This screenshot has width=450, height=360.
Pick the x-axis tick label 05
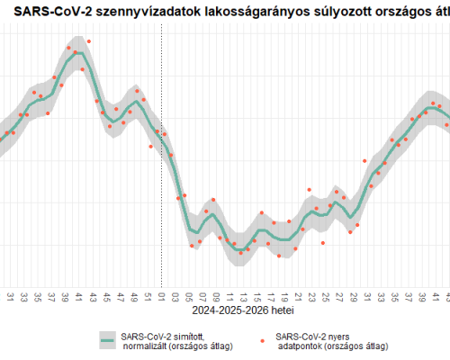pyautogui.click(x=189, y=295)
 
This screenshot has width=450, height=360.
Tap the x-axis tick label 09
pyautogui.click(x=217, y=295)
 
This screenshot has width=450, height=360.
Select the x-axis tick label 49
pyautogui.click(x=134, y=295)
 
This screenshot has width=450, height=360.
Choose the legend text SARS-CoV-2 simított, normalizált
pyautogui.click(x=175, y=340)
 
